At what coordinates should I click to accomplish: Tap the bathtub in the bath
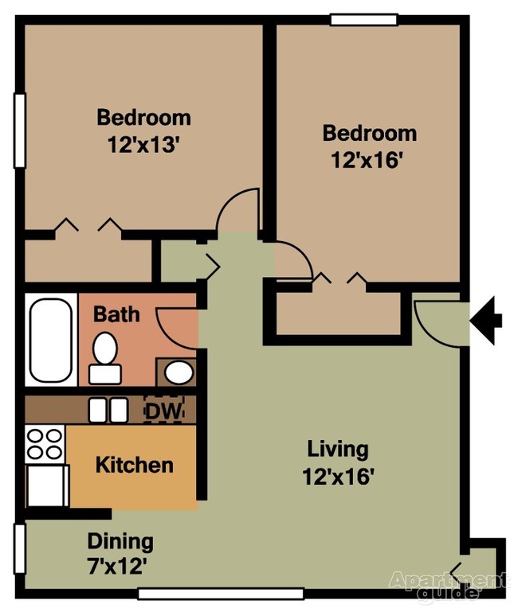coord(50,340)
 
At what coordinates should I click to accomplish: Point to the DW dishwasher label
coord(164,411)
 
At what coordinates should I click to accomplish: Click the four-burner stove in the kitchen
coord(45,444)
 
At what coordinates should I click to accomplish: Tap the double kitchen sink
coord(108,410)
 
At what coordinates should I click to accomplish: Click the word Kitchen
coord(134,464)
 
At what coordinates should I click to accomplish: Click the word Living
coord(338,450)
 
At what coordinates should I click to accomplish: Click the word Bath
coord(116,314)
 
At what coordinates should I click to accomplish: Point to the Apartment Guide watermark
coord(446,584)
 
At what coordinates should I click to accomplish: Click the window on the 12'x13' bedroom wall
coord(19,131)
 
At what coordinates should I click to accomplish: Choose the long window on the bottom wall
coord(220,594)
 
